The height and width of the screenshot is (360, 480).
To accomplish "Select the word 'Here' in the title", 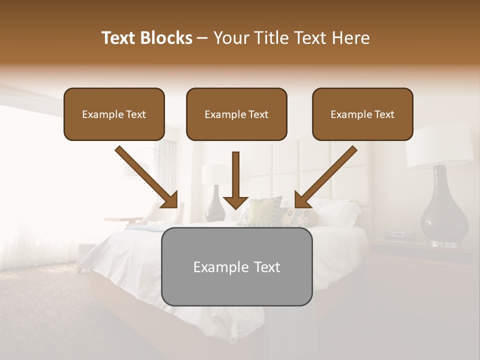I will (349, 38).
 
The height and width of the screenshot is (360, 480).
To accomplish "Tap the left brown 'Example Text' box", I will (114, 114).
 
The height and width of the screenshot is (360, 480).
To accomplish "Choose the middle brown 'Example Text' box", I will (236, 114).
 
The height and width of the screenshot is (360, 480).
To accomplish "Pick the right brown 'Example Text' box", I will (362, 114).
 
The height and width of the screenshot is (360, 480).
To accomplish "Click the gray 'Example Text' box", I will (236, 267).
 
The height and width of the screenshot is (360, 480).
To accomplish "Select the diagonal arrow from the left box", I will (148, 178).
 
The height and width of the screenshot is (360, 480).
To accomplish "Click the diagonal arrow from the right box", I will (325, 178).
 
